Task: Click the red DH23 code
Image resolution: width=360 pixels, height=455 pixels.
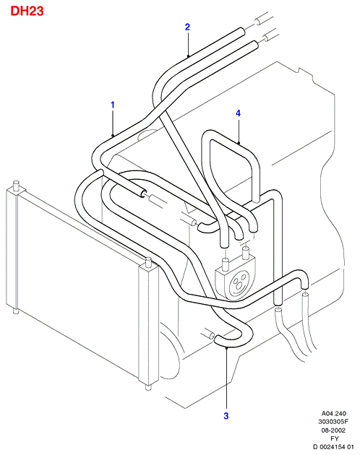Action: [27, 11]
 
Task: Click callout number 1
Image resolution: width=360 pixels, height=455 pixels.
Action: [113, 105]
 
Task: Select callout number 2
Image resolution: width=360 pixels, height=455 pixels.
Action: [187, 27]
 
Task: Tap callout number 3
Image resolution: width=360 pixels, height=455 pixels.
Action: [226, 416]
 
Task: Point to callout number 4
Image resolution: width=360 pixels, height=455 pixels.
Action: [239, 113]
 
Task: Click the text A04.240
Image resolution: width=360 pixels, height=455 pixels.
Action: [333, 413]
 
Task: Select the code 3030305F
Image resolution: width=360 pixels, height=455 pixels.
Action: [333, 422]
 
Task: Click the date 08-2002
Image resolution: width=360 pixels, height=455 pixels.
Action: [333, 430]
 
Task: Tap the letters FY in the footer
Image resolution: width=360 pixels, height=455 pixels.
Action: [335, 438]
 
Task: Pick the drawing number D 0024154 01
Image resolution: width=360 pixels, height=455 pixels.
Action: [333, 447]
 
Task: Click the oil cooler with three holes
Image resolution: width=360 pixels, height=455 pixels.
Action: [236, 279]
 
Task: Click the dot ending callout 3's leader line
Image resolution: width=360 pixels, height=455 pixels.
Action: [227, 347]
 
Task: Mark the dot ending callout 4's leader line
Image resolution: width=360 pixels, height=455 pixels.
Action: [239, 142]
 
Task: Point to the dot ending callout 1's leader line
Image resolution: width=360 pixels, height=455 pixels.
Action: [113, 135]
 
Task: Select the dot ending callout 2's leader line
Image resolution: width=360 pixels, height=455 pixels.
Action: [188, 56]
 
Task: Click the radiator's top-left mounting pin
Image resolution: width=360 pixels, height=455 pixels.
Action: [17, 186]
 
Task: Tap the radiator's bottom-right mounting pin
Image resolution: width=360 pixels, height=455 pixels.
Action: [148, 387]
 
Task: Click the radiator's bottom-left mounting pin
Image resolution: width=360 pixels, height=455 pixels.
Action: [16, 311]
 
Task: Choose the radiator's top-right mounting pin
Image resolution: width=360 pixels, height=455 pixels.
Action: [148, 261]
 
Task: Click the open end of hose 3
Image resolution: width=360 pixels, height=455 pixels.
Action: [217, 339]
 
